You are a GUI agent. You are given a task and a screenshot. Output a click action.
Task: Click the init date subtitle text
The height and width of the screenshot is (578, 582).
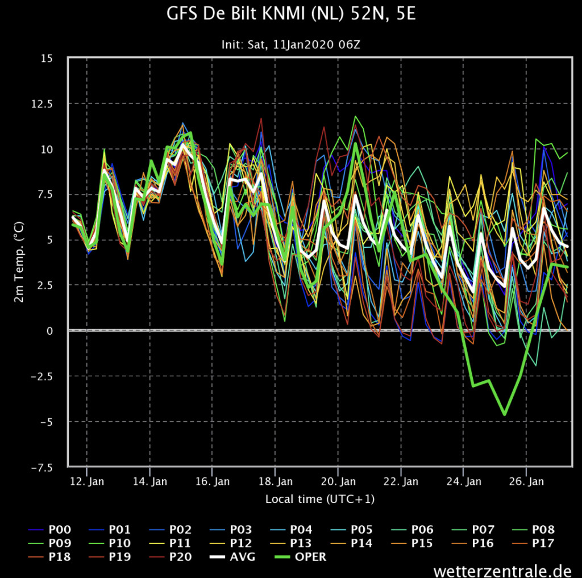[x=290, y=44]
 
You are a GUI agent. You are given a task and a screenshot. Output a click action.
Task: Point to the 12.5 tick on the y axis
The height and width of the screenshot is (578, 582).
[x=42, y=103]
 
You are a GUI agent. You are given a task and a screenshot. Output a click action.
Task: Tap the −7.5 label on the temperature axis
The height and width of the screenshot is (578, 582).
[x=42, y=467]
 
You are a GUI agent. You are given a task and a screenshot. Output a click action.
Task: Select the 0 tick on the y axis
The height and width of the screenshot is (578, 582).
[x=49, y=331]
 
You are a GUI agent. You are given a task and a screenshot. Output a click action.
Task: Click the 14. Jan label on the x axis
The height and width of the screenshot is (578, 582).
[x=150, y=481]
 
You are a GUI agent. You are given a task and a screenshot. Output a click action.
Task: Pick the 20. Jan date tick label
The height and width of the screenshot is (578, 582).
[x=338, y=481]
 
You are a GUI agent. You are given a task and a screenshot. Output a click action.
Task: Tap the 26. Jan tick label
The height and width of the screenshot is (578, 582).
[x=526, y=481]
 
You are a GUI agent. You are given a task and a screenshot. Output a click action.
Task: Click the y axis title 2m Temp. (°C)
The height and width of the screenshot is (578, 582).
[x=19, y=262]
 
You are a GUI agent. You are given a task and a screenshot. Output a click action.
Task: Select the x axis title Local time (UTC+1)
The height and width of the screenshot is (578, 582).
[x=320, y=499]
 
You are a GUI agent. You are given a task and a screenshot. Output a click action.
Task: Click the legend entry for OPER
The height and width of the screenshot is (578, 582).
[x=301, y=557]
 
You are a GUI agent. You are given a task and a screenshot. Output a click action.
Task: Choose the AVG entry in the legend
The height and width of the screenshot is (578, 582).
[x=232, y=557]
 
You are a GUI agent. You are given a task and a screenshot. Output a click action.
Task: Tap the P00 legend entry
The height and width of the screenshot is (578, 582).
[x=50, y=529]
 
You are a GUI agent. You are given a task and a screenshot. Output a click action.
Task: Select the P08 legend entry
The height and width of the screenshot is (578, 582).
[x=533, y=529]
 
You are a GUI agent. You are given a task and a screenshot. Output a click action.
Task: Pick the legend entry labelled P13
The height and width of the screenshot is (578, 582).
[x=292, y=543]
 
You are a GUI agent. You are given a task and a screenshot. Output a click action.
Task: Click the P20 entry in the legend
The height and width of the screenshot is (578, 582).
[x=171, y=557]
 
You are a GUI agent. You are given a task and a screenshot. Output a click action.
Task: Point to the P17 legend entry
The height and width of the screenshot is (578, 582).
[x=533, y=543]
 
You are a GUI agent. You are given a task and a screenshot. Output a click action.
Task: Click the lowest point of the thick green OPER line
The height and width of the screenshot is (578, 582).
[x=505, y=414]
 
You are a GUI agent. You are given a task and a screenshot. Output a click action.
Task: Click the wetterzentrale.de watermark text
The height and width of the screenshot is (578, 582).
[x=502, y=570]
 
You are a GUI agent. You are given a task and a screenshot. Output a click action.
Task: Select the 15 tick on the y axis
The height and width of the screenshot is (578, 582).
[x=47, y=59]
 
